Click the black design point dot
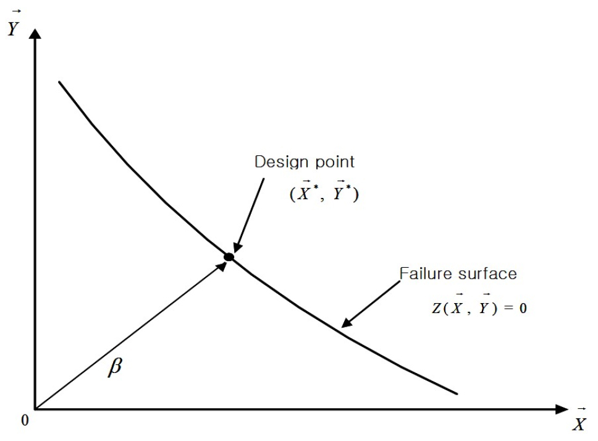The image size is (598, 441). pyautogui.click(x=229, y=257)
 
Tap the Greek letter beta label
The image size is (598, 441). pyautogui.click(x=115, y=367)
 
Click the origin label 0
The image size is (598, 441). pyautogui.click(x=25, y=421)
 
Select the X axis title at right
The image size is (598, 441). pyautogui.click(x=579, y=420)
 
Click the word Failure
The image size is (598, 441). pyautogui.click(x=424, y=273)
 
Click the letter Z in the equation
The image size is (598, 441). pyautogui.click(x=437, y=308)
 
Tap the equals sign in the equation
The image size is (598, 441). pyautogui.click(x=508, y=308)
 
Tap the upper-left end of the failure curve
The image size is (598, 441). pyautogui.click(x=59, y=82)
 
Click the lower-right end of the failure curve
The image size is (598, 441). pyautogui.click(x=457, y=393)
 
